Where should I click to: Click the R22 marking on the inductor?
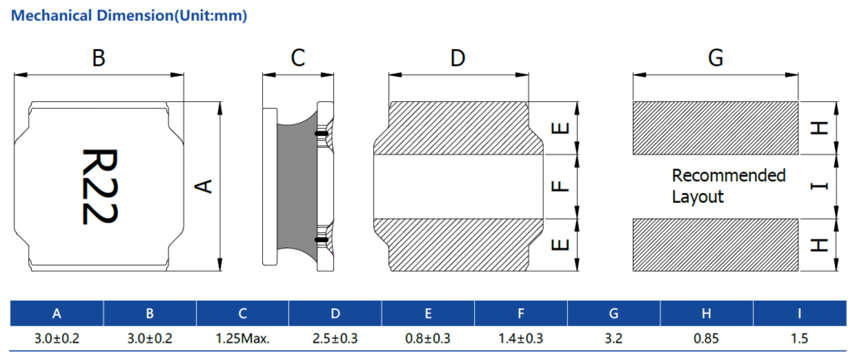[100, 186]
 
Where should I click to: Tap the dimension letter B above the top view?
[99, 58]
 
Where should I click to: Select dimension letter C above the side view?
[298, 58]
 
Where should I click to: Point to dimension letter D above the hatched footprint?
[458, 58]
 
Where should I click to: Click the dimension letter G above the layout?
[715, 58]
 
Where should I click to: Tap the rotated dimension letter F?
[560, 186]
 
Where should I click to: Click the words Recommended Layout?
[728, 186]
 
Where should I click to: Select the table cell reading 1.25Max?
[243, 339]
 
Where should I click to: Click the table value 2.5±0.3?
[336, 339]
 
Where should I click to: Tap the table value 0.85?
[706, 339]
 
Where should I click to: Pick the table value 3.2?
[614, 339]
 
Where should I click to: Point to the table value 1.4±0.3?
[521, 339]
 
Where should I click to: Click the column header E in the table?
[428, 313]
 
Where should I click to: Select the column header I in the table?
[799, 313]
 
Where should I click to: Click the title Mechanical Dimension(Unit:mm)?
[129, 16]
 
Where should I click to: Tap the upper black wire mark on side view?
[321, 133]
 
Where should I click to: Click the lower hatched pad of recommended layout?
[716, 245]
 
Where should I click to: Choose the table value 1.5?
[799, 339]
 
